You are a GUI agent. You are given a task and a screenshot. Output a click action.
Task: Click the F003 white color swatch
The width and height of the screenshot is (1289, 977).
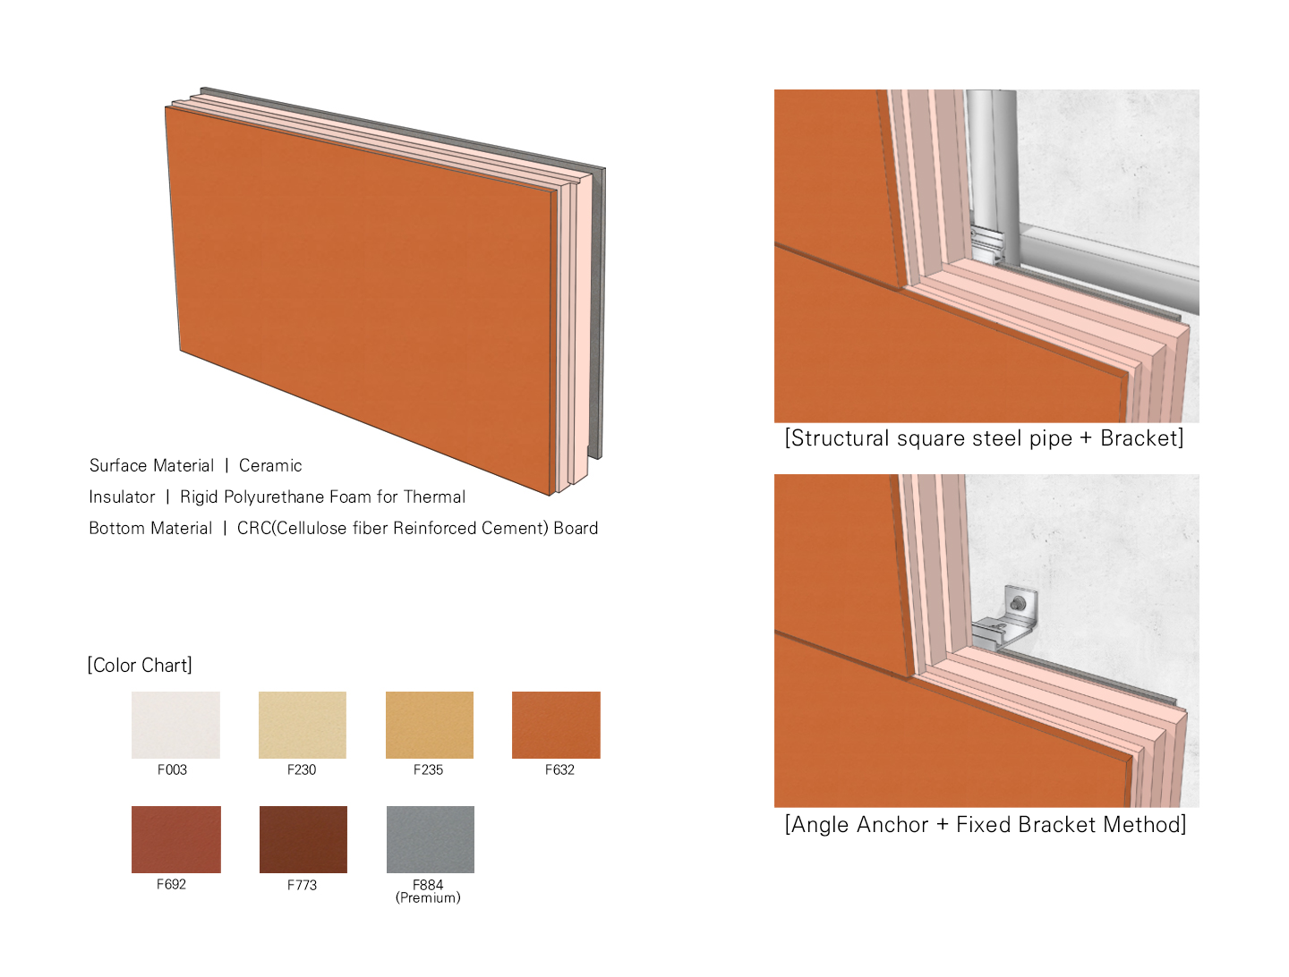pyautogui.click(x=175, y=725)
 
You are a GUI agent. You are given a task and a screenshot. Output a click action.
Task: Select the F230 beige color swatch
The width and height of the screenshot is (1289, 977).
pyautogui.click(x=303, y=725)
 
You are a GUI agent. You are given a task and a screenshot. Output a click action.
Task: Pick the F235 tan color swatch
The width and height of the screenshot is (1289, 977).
pyautogui.click(x=430, y=725)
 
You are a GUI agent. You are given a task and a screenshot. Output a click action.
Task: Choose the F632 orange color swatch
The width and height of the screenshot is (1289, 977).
pyautogui.click(x=556, y=725)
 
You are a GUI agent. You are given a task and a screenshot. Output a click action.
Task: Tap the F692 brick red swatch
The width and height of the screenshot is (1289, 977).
pyautogui.click(x=176, y=839)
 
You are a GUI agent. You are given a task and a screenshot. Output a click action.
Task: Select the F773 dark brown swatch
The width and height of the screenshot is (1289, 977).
pyautogui.click(x=303, y=839)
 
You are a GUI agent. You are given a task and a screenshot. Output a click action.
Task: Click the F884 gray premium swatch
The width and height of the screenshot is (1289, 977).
pyautogui.click(x=431, y=839)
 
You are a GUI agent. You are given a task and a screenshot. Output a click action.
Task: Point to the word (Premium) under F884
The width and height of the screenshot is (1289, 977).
pyautogui.click(x=428, y=897)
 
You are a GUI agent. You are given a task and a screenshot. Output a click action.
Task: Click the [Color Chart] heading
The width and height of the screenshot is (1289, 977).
pyautogui.click(x=140, y=665)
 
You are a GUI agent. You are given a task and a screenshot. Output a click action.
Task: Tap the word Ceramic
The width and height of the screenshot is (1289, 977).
pyautogui.click(x=270, y=465)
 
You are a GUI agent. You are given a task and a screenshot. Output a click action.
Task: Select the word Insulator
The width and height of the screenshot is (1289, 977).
pyautogui.click(x=122, y=497)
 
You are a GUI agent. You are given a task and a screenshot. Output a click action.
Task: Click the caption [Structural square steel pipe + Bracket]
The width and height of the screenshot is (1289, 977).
pyautogui.click(x=985, y=438)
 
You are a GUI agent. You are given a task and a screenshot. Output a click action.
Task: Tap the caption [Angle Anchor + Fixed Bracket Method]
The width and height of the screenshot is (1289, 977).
pyautogui.click(x=986, y=824)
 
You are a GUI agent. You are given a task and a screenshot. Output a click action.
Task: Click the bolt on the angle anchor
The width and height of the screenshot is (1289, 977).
pyautogui.click(x=1018, y=602)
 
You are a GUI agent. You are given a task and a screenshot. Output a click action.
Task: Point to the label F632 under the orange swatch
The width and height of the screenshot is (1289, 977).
pyautogui.click(x=559, y=769)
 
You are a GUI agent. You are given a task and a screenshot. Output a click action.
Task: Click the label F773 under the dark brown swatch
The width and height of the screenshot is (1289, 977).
pyautogui.click(x=302, y=885)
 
